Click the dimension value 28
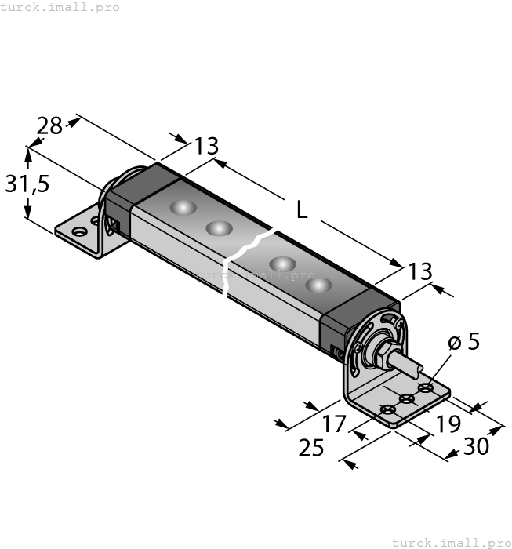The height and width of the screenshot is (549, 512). pyautogui.click(x=49, y=125)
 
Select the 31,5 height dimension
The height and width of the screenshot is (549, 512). pyautogui.click(x=27, y=184)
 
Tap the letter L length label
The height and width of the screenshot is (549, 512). pyautogui.click(x=302, y=209)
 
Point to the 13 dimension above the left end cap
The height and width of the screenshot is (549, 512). pyautogui.click(x=206, y=147)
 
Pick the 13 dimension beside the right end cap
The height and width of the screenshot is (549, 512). pyautogui.click(x=419, y=271)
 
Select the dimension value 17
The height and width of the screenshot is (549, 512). pyautogui.click(x=334, y=424)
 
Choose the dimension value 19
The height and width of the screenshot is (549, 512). pyautogui.click(x=448, y=424)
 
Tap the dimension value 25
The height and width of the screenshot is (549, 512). pyautogui.click(x=312, y=448)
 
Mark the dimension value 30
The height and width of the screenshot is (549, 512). pyautogui.click(x=475, y=446)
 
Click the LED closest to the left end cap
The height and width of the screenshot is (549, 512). pyautogui.click(x=182, y=208)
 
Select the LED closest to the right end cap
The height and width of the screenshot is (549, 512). pyautogui.click(x=318, y=284)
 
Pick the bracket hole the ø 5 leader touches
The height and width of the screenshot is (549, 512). pyautogui.click(x=425, y=387)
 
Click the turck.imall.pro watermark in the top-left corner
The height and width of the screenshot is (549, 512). pyautogui.click(x=60, y=7)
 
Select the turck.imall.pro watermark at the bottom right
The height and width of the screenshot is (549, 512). pyautogui.click(x=451, y=542)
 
